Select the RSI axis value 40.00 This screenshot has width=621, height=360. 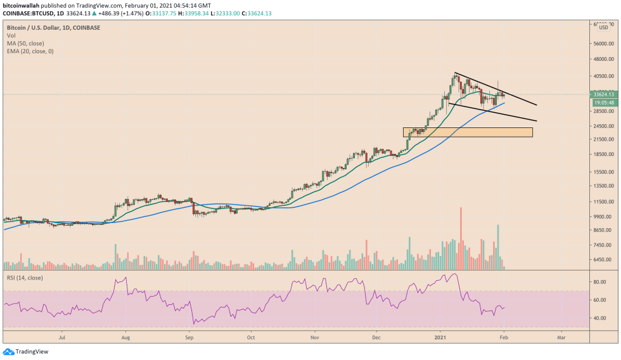[599, 318]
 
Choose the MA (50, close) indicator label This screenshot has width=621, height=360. [25, 42]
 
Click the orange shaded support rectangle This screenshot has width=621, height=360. [467, 132]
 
